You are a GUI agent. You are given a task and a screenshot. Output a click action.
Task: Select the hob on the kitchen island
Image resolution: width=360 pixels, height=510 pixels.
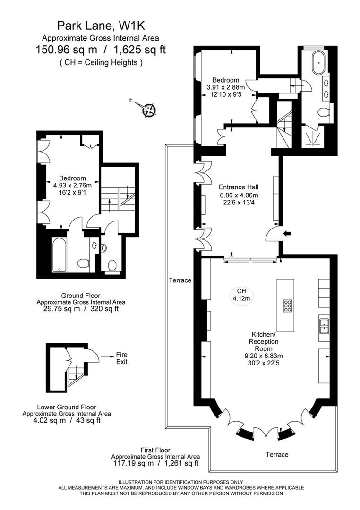(287, 306)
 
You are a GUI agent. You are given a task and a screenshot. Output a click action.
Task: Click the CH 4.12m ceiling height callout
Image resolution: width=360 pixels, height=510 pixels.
(241, 294)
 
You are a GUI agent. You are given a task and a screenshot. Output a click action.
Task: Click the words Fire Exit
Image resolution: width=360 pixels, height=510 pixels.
(122, 358)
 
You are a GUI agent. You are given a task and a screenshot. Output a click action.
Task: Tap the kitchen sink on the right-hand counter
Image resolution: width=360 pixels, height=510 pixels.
(324, 326)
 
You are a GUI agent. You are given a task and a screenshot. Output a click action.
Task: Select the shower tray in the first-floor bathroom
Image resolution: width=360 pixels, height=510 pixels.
(313, 137)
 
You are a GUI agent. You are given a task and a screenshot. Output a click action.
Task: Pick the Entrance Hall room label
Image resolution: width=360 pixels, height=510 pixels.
(239, 187)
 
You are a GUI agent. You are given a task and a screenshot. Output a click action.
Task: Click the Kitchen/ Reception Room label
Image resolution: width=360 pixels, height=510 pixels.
(264, 341)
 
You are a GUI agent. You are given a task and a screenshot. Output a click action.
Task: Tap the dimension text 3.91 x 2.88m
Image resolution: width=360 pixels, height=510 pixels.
(225, 87)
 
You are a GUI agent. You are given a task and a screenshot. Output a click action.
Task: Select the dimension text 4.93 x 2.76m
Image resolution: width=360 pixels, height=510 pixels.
(73, 186)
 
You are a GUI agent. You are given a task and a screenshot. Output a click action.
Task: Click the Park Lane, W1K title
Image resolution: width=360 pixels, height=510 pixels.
(100, 25)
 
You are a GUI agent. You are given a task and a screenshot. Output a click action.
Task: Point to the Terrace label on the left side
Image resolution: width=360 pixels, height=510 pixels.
(180, 280)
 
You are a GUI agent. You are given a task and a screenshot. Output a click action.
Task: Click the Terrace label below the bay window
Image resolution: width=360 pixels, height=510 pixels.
(277, 454)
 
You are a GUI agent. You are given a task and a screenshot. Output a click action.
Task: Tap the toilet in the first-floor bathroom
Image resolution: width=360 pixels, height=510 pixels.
(323, 112)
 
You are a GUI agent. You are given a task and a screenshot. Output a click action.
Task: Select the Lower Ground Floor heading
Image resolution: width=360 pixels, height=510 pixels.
(67, 407)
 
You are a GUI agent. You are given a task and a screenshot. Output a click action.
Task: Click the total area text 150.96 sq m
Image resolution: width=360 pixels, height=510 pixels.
(67, 50)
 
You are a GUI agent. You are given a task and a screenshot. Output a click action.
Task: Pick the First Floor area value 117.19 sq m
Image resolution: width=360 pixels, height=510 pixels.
(133, 464)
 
